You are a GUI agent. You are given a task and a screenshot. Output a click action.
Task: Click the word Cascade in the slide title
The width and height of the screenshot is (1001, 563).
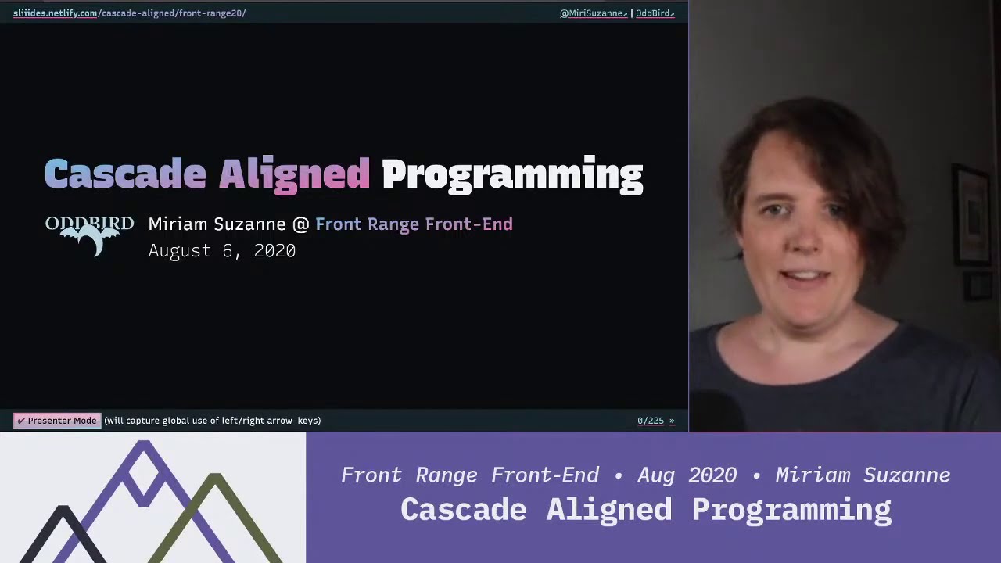coord(125,174)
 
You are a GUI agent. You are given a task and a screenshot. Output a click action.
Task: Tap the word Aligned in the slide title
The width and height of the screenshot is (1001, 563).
coord(294,174)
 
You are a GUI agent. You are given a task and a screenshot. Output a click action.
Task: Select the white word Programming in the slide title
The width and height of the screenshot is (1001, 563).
coord(512,174)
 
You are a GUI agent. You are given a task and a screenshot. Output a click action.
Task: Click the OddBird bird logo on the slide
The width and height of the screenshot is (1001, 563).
coord(89,235)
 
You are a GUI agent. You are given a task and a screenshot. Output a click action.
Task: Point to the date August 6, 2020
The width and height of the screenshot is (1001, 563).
coord(222,251)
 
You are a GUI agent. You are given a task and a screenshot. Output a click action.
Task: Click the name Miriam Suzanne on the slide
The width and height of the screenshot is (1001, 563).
coord(217,224)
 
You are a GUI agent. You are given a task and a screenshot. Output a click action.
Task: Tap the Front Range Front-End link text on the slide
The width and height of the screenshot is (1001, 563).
coord(414,224)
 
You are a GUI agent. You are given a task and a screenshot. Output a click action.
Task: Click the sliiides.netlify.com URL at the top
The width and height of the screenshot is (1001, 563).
coord(55,13)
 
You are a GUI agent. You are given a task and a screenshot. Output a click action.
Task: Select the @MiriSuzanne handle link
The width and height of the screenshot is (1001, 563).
coord(593,13)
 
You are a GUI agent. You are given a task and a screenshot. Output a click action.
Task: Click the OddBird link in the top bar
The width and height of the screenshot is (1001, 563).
coord(655,13)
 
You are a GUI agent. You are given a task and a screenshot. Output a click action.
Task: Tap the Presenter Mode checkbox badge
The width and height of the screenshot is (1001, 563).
coord(56,421)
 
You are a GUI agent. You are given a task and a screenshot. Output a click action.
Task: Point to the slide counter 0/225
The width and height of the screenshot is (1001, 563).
coord(650,421)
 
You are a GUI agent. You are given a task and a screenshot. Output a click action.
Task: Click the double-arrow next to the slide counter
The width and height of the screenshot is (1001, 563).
coord(672,421)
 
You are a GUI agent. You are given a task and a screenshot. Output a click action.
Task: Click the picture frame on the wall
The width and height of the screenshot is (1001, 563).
coord(972,215)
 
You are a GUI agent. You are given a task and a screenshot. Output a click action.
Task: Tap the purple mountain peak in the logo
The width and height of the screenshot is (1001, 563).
coord(143,461)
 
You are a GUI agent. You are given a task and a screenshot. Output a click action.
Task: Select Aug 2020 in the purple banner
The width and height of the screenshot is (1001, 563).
coord(687,475)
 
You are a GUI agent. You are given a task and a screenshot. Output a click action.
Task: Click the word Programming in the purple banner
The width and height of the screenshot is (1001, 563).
coord(791,510)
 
